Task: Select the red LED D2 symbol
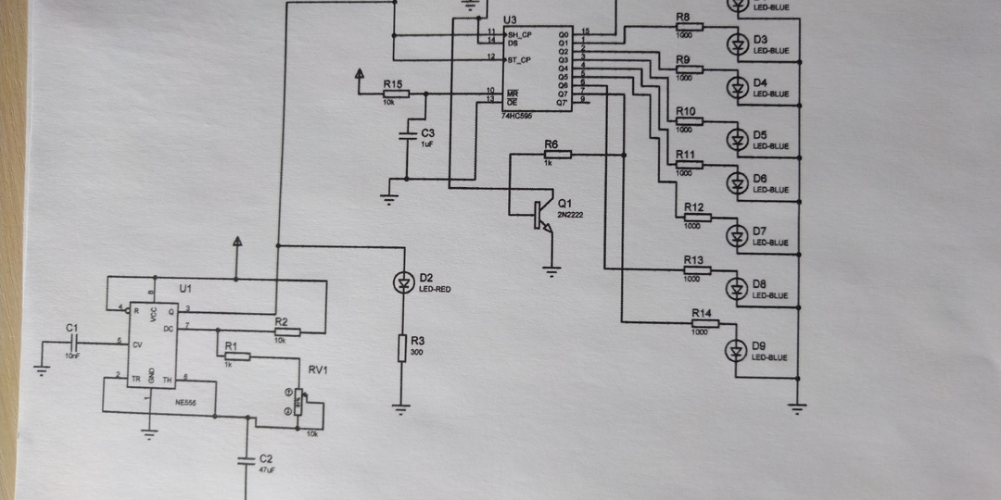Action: point(403,283)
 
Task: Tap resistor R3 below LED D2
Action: point(402,348)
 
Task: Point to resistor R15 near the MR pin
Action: point(395,94)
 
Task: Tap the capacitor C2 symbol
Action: point(246,458)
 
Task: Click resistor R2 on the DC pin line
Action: point(286,331)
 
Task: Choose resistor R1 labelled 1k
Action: point(237,356)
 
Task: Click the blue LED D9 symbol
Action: point(737,349)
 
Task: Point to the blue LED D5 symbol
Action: point(737,139)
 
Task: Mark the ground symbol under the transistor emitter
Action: point(551,270)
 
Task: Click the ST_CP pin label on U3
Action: point(519,59)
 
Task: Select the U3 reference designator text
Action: point(509,19)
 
